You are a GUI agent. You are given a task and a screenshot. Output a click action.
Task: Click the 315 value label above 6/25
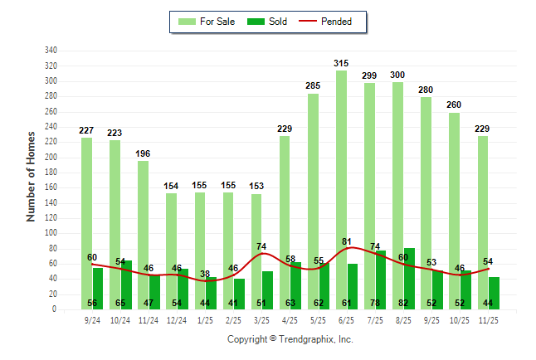[341, 63]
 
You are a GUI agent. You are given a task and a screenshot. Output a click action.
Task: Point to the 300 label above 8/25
[397, 75]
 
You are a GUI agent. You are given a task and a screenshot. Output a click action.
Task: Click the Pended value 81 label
[346, 242]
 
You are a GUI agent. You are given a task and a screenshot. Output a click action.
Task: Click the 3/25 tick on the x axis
[261, 319]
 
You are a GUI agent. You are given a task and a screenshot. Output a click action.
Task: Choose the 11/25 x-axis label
[488, 319]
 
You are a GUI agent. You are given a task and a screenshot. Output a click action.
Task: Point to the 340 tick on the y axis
[51, 51]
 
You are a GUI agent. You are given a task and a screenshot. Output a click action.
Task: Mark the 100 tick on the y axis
[51, 234]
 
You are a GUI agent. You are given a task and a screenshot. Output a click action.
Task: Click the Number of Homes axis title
[32, 175]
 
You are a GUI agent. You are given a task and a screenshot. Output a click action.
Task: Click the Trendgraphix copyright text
[290, 339]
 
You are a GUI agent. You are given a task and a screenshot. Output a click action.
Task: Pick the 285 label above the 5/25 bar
[313, 86]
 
